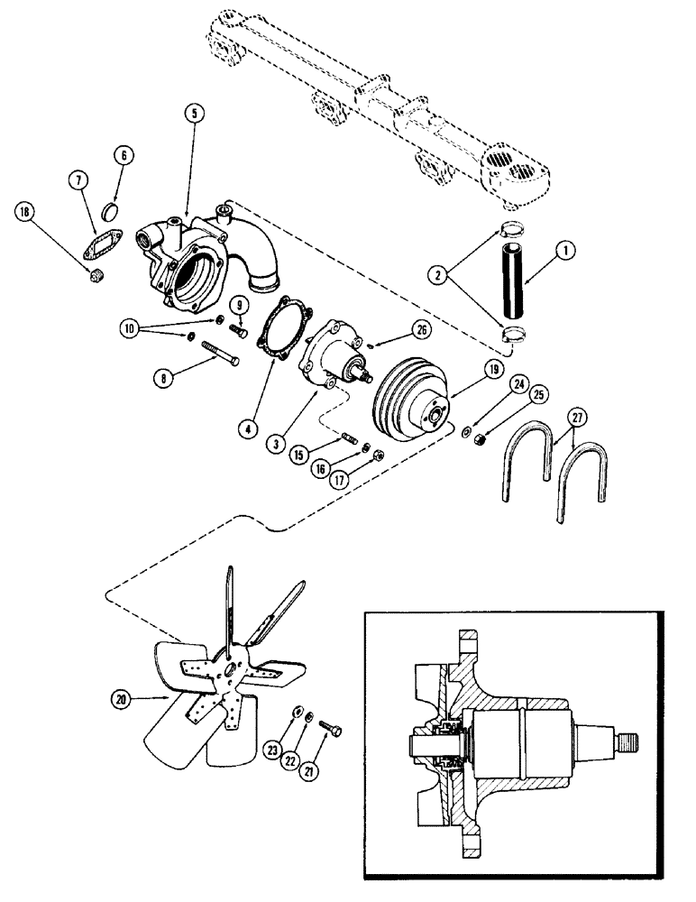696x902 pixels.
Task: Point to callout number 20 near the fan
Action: (120, 698)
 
